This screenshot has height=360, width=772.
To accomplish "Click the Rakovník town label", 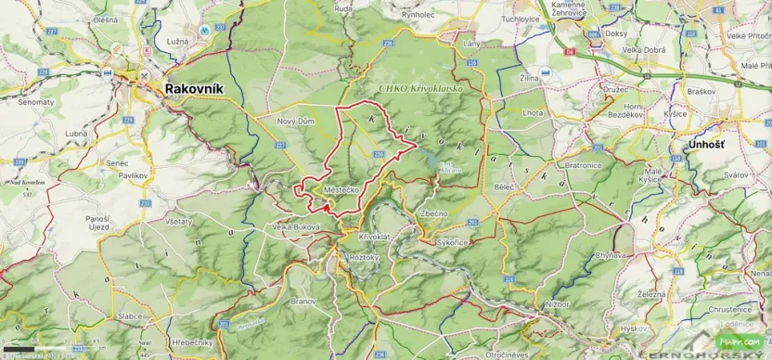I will pyautogui.click(x=197, y=89).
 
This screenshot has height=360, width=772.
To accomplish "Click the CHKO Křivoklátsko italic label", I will pyautogui.click(x=417, y=88).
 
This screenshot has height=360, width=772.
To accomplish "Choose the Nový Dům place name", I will pyautogui.click(x=297, y=122).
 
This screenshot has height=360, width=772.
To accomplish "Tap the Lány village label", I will pyautogui.click(x=446, y=44).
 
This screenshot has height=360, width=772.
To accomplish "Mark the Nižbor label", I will pyautogui.click(x=557, y=302).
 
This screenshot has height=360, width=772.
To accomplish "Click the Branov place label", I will pyautogui.click(x=302, y=302).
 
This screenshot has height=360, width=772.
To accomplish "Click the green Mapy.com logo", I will pyautogui.click(x=730, y=340).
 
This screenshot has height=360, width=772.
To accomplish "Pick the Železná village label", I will pyautogui.click(x=652, y=294).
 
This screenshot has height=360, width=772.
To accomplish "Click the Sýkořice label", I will pyautogui.click(x=451, y=241).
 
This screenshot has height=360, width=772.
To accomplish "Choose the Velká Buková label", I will pyautogui.click(x=297, y=227).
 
